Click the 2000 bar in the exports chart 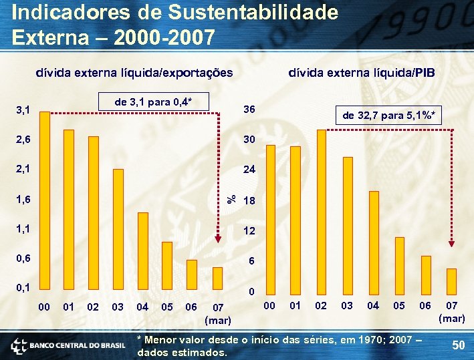pos(45,200)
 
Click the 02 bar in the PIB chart pos(322,210)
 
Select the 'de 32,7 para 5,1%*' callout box pos(390,116)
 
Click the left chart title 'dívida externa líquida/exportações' pos(134,72)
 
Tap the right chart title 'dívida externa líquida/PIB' pos(361,72)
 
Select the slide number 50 pos(458,345)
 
